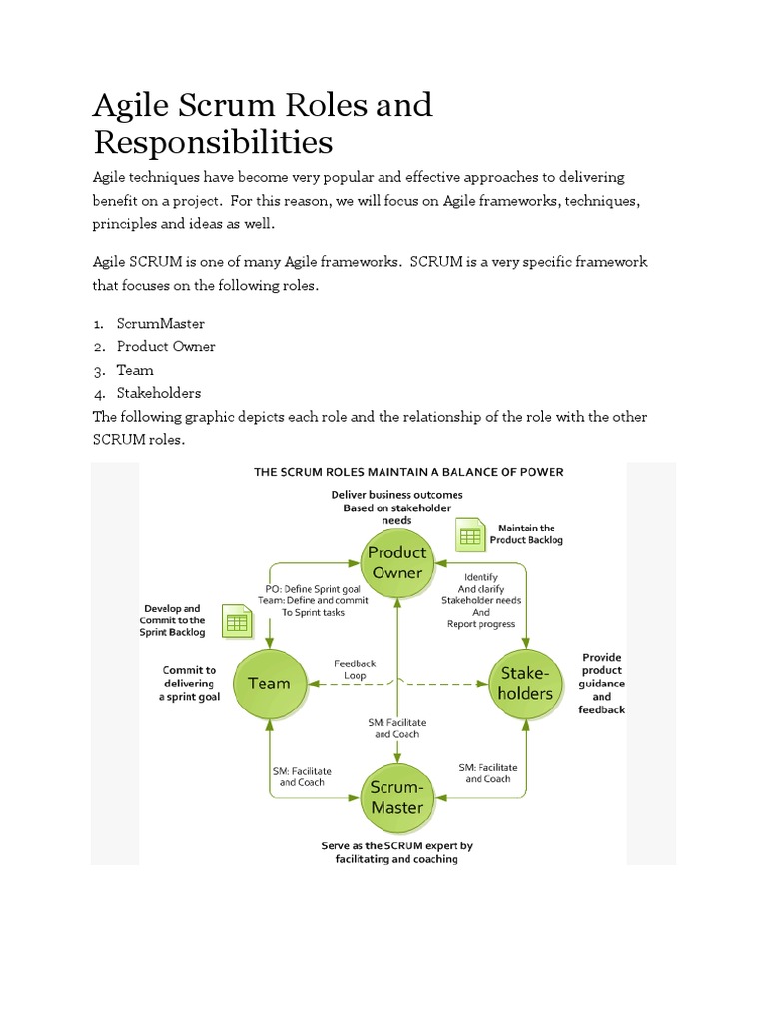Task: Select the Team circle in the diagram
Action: coord(269,684)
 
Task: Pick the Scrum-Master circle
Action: coord(397,797)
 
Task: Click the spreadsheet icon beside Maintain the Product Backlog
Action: coord(469,535)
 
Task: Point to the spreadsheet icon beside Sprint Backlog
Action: coord(237,622)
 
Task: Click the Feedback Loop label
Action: coord(355,669)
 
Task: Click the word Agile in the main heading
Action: coord(128,105)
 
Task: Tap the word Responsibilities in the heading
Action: coord(213,142)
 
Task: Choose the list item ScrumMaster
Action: coord(160,324)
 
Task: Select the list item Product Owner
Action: coord(166,347)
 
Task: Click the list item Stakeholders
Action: coord(159,393)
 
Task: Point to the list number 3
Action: coord(99,370)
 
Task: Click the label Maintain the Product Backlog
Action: coord(527,534)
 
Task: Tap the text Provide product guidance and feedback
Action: coord(601,683)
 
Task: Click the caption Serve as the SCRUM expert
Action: coord(396,852)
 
